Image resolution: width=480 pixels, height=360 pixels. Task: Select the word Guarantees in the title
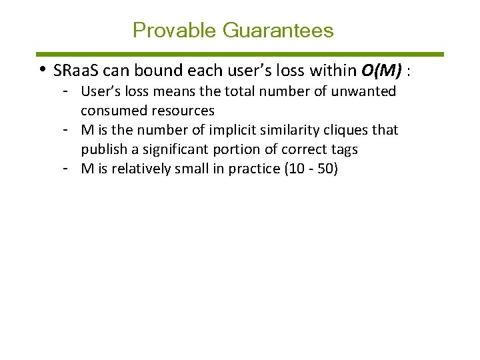(x=278, y=30)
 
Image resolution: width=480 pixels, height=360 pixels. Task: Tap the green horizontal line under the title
(x=239, y=54)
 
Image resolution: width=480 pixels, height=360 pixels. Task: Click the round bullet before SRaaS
(x=42, y=69)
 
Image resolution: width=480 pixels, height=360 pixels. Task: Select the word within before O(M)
(x=335, y=70)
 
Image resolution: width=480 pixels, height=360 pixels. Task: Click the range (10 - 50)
(x=311, y=169)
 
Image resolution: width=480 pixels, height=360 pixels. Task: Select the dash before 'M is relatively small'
(x=67, y=169)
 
